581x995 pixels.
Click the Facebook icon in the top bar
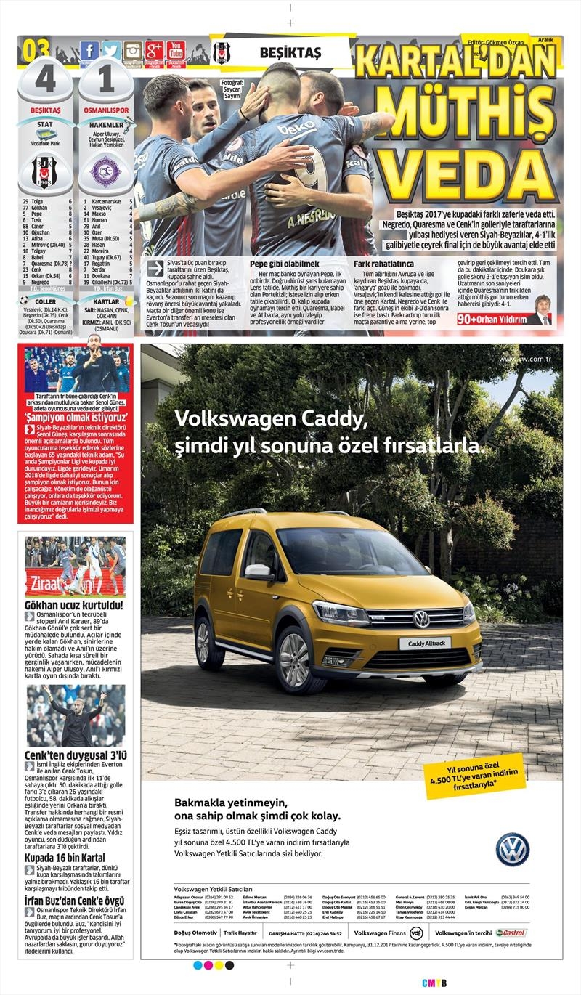pos(89,51)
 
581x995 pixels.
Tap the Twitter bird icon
pos(111,51)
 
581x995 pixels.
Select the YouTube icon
pos(176,51)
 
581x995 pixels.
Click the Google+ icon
pos(154,51)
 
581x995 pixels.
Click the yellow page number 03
pos(36,52)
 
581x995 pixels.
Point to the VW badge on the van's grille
pos(421,619)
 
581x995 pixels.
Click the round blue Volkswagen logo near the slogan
pos(512,850)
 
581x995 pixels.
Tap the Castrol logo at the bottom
pos(511,933)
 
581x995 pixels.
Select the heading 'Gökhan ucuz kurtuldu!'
pos(73,604)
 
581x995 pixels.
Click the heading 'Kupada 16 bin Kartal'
pos(65,858)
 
